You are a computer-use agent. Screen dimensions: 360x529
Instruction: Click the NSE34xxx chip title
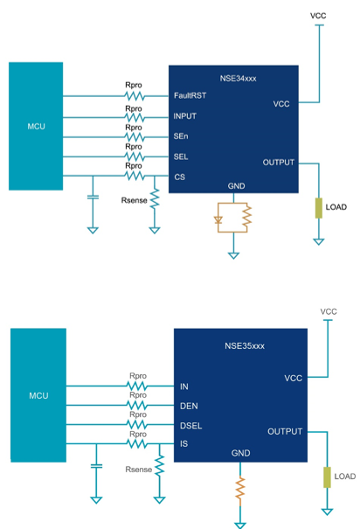click(x=238, y=79)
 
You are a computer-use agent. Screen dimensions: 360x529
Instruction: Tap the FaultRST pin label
click(x=190, y=96)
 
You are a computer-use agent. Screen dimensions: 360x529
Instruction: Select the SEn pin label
click(x=181, y=136)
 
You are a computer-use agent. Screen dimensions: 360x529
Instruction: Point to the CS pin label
click(x=180, y=177)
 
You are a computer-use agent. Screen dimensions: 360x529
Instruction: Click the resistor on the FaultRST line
click(x=135, y=96)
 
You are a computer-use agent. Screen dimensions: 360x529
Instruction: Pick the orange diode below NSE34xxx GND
click(x=218, y=220)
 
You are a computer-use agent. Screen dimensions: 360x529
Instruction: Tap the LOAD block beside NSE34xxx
click(x=319, y=208)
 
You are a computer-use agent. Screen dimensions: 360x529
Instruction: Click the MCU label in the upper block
click(x=36, y=127)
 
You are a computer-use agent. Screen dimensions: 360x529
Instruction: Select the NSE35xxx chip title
click(x=245, y=346)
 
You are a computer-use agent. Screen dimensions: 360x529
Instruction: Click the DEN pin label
click(x=189, y=407)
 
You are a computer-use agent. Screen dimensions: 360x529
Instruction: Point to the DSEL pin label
click(x=190, y=426)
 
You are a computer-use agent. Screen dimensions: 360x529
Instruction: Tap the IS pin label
click(x=183, y=443)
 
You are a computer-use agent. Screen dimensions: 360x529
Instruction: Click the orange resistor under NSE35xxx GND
click(x=240, y=488)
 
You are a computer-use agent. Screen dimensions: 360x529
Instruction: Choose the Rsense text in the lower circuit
click(x=139, y=470)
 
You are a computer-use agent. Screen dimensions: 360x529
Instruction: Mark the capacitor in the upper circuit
click(x=93, y=197)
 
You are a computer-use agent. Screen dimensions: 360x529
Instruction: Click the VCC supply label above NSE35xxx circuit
click(x=329, y=311)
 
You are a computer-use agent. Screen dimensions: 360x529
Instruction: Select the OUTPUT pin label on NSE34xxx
click(x=279, y=163)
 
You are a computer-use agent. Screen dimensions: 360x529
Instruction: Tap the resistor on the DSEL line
click(x=137, y=424)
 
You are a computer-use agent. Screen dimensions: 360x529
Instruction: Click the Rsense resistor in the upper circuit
click(x=155, y=198)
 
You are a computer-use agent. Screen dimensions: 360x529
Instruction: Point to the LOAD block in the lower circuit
click(x=327, y=477)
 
